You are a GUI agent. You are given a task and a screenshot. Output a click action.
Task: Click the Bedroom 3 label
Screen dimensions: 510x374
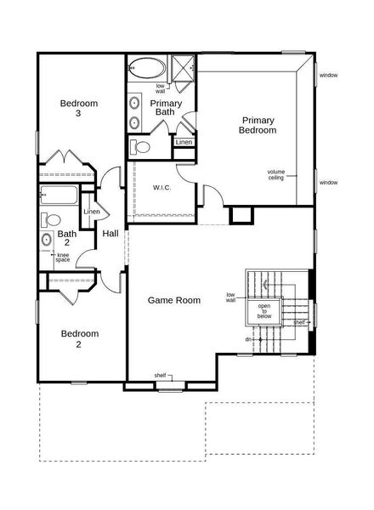point(78,108)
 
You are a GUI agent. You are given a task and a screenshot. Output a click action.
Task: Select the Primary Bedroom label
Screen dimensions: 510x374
point(258,125)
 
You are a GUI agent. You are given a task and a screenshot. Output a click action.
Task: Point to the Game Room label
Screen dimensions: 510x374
point(173,300)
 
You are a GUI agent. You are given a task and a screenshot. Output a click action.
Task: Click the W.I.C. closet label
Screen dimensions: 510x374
point(162,187)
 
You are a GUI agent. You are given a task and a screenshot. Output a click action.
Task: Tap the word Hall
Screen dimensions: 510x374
point(110,234)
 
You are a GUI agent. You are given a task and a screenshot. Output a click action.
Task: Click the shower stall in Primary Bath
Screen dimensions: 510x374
point(183,67)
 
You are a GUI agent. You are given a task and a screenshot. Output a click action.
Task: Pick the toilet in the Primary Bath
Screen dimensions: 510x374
point(142,147)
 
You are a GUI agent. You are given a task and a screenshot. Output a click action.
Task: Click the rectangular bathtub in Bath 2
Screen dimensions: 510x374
point(59,195)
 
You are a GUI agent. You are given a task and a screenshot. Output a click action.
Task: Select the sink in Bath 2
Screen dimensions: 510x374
point(46,240)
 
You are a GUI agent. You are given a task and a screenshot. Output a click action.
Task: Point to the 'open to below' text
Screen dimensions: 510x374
point(264,311)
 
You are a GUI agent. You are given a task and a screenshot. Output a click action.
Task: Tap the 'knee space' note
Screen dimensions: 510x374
point(63,258)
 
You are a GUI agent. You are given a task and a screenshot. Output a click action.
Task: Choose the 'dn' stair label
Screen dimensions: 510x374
point(248,339)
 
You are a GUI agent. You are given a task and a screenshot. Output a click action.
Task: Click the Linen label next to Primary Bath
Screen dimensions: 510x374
point(184,142)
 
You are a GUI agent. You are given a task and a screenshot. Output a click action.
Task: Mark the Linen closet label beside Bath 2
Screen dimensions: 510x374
point(92,212)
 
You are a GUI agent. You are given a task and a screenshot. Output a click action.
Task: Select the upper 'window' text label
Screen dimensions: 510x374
point(328,76)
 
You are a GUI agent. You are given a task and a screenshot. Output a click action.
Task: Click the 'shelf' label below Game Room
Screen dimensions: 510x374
point(160,375)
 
